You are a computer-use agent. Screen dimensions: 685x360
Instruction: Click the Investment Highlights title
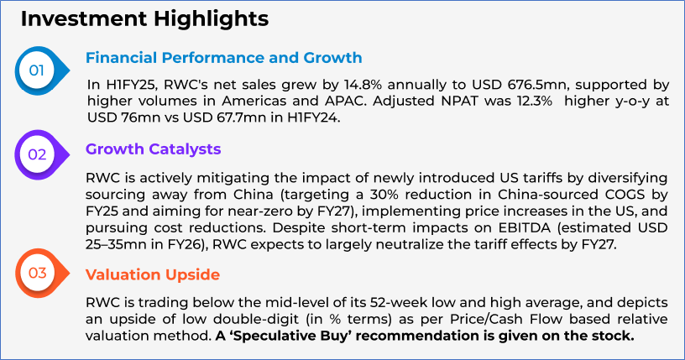[144, 19]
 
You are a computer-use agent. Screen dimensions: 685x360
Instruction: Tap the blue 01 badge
[42, 70]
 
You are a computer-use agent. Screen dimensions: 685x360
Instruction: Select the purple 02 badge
[42, 154]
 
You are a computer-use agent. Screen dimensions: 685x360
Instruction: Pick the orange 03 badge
[42, 273]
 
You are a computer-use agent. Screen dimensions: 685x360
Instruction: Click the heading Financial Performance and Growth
[223, 58]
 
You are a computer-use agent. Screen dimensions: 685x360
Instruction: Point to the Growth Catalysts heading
[154, 149]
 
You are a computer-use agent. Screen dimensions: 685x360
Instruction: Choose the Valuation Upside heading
[153, 274]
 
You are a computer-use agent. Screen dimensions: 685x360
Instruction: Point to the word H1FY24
[313, 117]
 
